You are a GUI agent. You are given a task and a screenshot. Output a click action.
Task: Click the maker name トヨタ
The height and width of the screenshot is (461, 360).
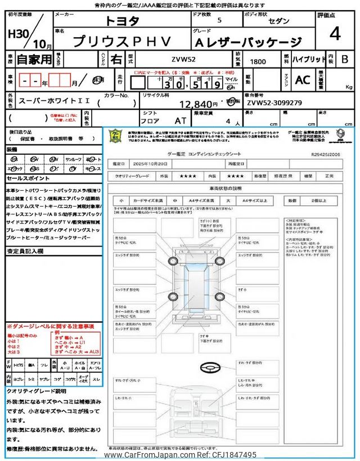(x=123, y=21)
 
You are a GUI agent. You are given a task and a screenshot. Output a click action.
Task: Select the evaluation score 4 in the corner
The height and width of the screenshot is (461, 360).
(x=335, y=34)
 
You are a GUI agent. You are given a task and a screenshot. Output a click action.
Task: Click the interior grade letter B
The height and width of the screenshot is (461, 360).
(x=345, y=59)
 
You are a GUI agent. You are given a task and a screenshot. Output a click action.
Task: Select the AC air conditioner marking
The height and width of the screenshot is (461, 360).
(x=302, y=80)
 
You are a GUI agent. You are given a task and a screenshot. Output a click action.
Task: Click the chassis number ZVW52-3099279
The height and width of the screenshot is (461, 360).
(x=274, y=104)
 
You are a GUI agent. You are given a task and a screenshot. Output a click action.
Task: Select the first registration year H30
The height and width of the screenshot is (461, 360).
(x=19, y=34)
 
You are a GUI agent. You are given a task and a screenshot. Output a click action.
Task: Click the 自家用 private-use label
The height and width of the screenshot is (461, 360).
(x=28, y=59)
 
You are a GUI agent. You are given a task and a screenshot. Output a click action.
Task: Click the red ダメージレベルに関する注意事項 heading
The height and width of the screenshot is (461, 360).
(x=51, y=326)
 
